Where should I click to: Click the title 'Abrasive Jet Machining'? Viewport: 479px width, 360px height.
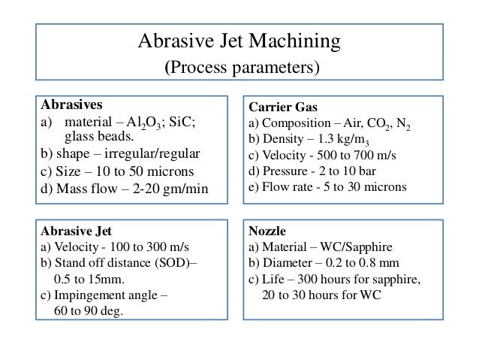pos(240,40)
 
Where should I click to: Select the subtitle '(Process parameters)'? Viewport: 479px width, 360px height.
pos(240,68)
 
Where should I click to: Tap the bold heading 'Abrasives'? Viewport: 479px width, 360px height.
pos(71,104)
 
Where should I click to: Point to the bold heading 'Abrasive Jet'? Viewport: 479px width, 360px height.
pos(75,232)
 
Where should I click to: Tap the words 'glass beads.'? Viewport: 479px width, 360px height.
pos(99,137)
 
